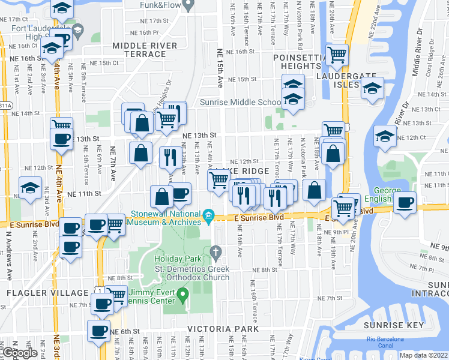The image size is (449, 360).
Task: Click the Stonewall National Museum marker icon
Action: (208, 215)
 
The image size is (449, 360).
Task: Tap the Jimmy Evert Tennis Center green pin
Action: (185, 293)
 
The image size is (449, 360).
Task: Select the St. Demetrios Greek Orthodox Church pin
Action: (217, 254)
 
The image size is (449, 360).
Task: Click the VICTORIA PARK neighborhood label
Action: (223, 329)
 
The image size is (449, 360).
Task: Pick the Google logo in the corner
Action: (19, 353)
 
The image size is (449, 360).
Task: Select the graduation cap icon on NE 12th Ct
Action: (384, 135)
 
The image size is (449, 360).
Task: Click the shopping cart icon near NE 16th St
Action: (337, 55)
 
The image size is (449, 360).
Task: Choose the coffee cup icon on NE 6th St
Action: (98, 330)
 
